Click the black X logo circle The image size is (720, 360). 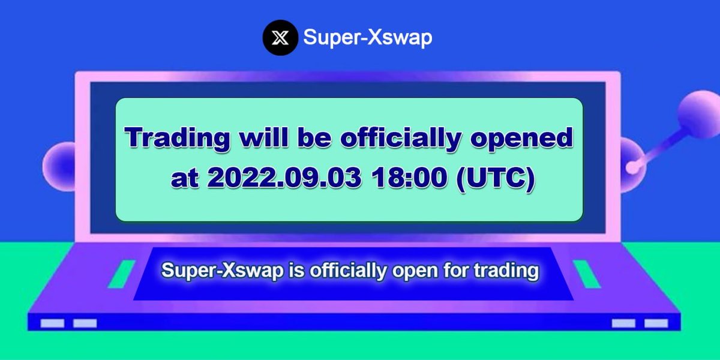[x=280, y=38]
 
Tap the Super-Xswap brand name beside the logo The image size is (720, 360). [x=368, y=38]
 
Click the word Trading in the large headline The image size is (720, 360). [x=178, y=138]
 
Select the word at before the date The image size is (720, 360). [x=184, y=180]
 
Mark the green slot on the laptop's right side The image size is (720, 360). [x=586, y=274]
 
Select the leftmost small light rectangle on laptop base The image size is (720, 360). [x=52, y=323]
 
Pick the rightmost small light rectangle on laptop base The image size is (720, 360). [x=656, y=323]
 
